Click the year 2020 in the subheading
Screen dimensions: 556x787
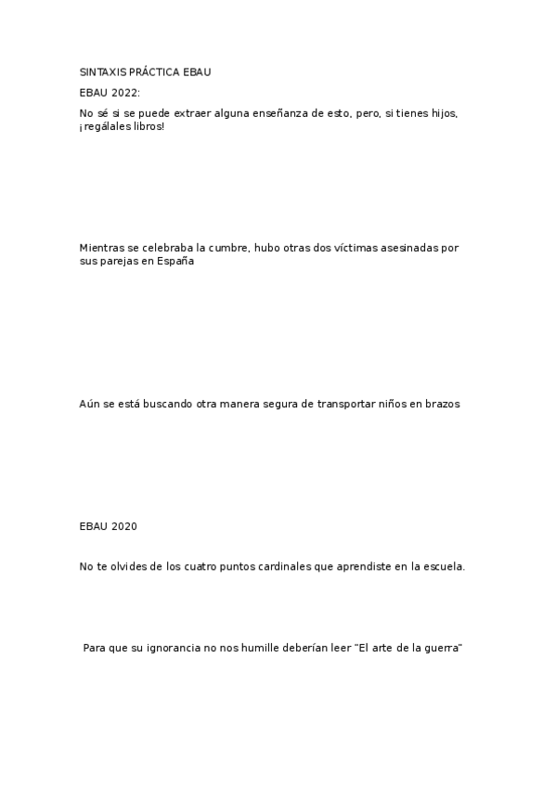tap(123, 526)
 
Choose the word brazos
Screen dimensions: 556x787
tap(440, 404)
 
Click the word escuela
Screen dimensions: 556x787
tap(444, 566)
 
